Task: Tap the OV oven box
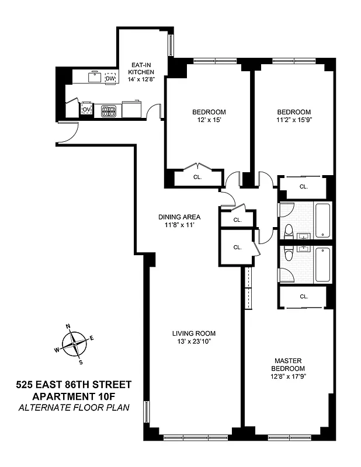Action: pos(86,109)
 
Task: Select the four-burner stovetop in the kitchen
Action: pos(109,109)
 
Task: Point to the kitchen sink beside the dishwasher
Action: pos(93,76)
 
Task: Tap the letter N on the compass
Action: pos(68,326)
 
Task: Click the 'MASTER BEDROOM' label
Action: pos(288,365)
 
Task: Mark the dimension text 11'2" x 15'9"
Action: pos(293,120)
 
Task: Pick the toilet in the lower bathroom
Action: pos(287,251)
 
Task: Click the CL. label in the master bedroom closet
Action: pos(303,297)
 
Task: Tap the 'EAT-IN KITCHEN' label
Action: pos(141,68)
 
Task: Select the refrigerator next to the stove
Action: pos(131,109)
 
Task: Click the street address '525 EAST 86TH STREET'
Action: pos(74,384)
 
